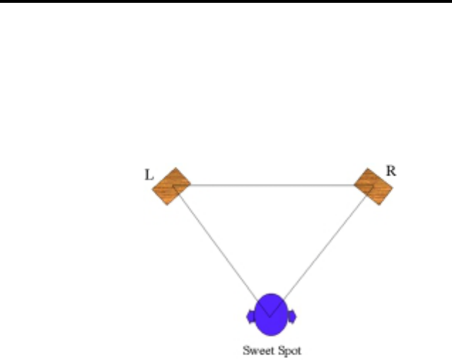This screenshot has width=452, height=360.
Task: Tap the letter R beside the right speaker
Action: pos(390,170)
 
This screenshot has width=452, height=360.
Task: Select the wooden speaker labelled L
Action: pos(171,186)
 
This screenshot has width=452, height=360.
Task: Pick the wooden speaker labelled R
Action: pos(373,186)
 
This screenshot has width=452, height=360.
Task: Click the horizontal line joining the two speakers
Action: pos(272,185)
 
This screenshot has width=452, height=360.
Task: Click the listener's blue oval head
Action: pos(270,315)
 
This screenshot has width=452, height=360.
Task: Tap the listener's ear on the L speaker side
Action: pos(250,315)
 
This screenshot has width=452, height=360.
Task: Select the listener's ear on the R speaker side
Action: pos(291,315)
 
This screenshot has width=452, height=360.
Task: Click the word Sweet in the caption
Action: pos(255,350)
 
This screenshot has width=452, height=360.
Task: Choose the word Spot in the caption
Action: pos(289,350)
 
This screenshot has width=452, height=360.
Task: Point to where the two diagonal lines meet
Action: pos(270,309)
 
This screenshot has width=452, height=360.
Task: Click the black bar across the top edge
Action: pos(226,1)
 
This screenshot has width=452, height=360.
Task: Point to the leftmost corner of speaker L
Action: pos(152,187)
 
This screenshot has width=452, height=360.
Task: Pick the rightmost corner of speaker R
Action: pos(393,188)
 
